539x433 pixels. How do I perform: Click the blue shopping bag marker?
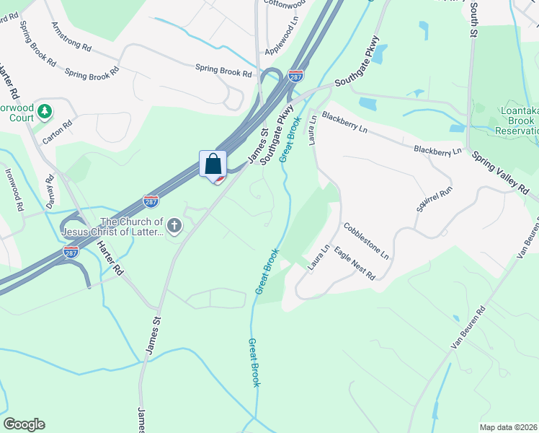tap(213, 164)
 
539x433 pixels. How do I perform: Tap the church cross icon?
tap(175, 227)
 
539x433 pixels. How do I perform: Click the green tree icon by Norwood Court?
tap(45, 111)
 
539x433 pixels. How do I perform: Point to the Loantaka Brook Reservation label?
tap(516, 121)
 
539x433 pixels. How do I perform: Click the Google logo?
tap(24, 424)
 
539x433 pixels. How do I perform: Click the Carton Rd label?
tap(58, 132)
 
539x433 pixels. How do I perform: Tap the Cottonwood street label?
tap(283, 4)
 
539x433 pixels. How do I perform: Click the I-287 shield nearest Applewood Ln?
tap(295, 75)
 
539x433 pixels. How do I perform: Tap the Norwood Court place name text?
tap(26, 113)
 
